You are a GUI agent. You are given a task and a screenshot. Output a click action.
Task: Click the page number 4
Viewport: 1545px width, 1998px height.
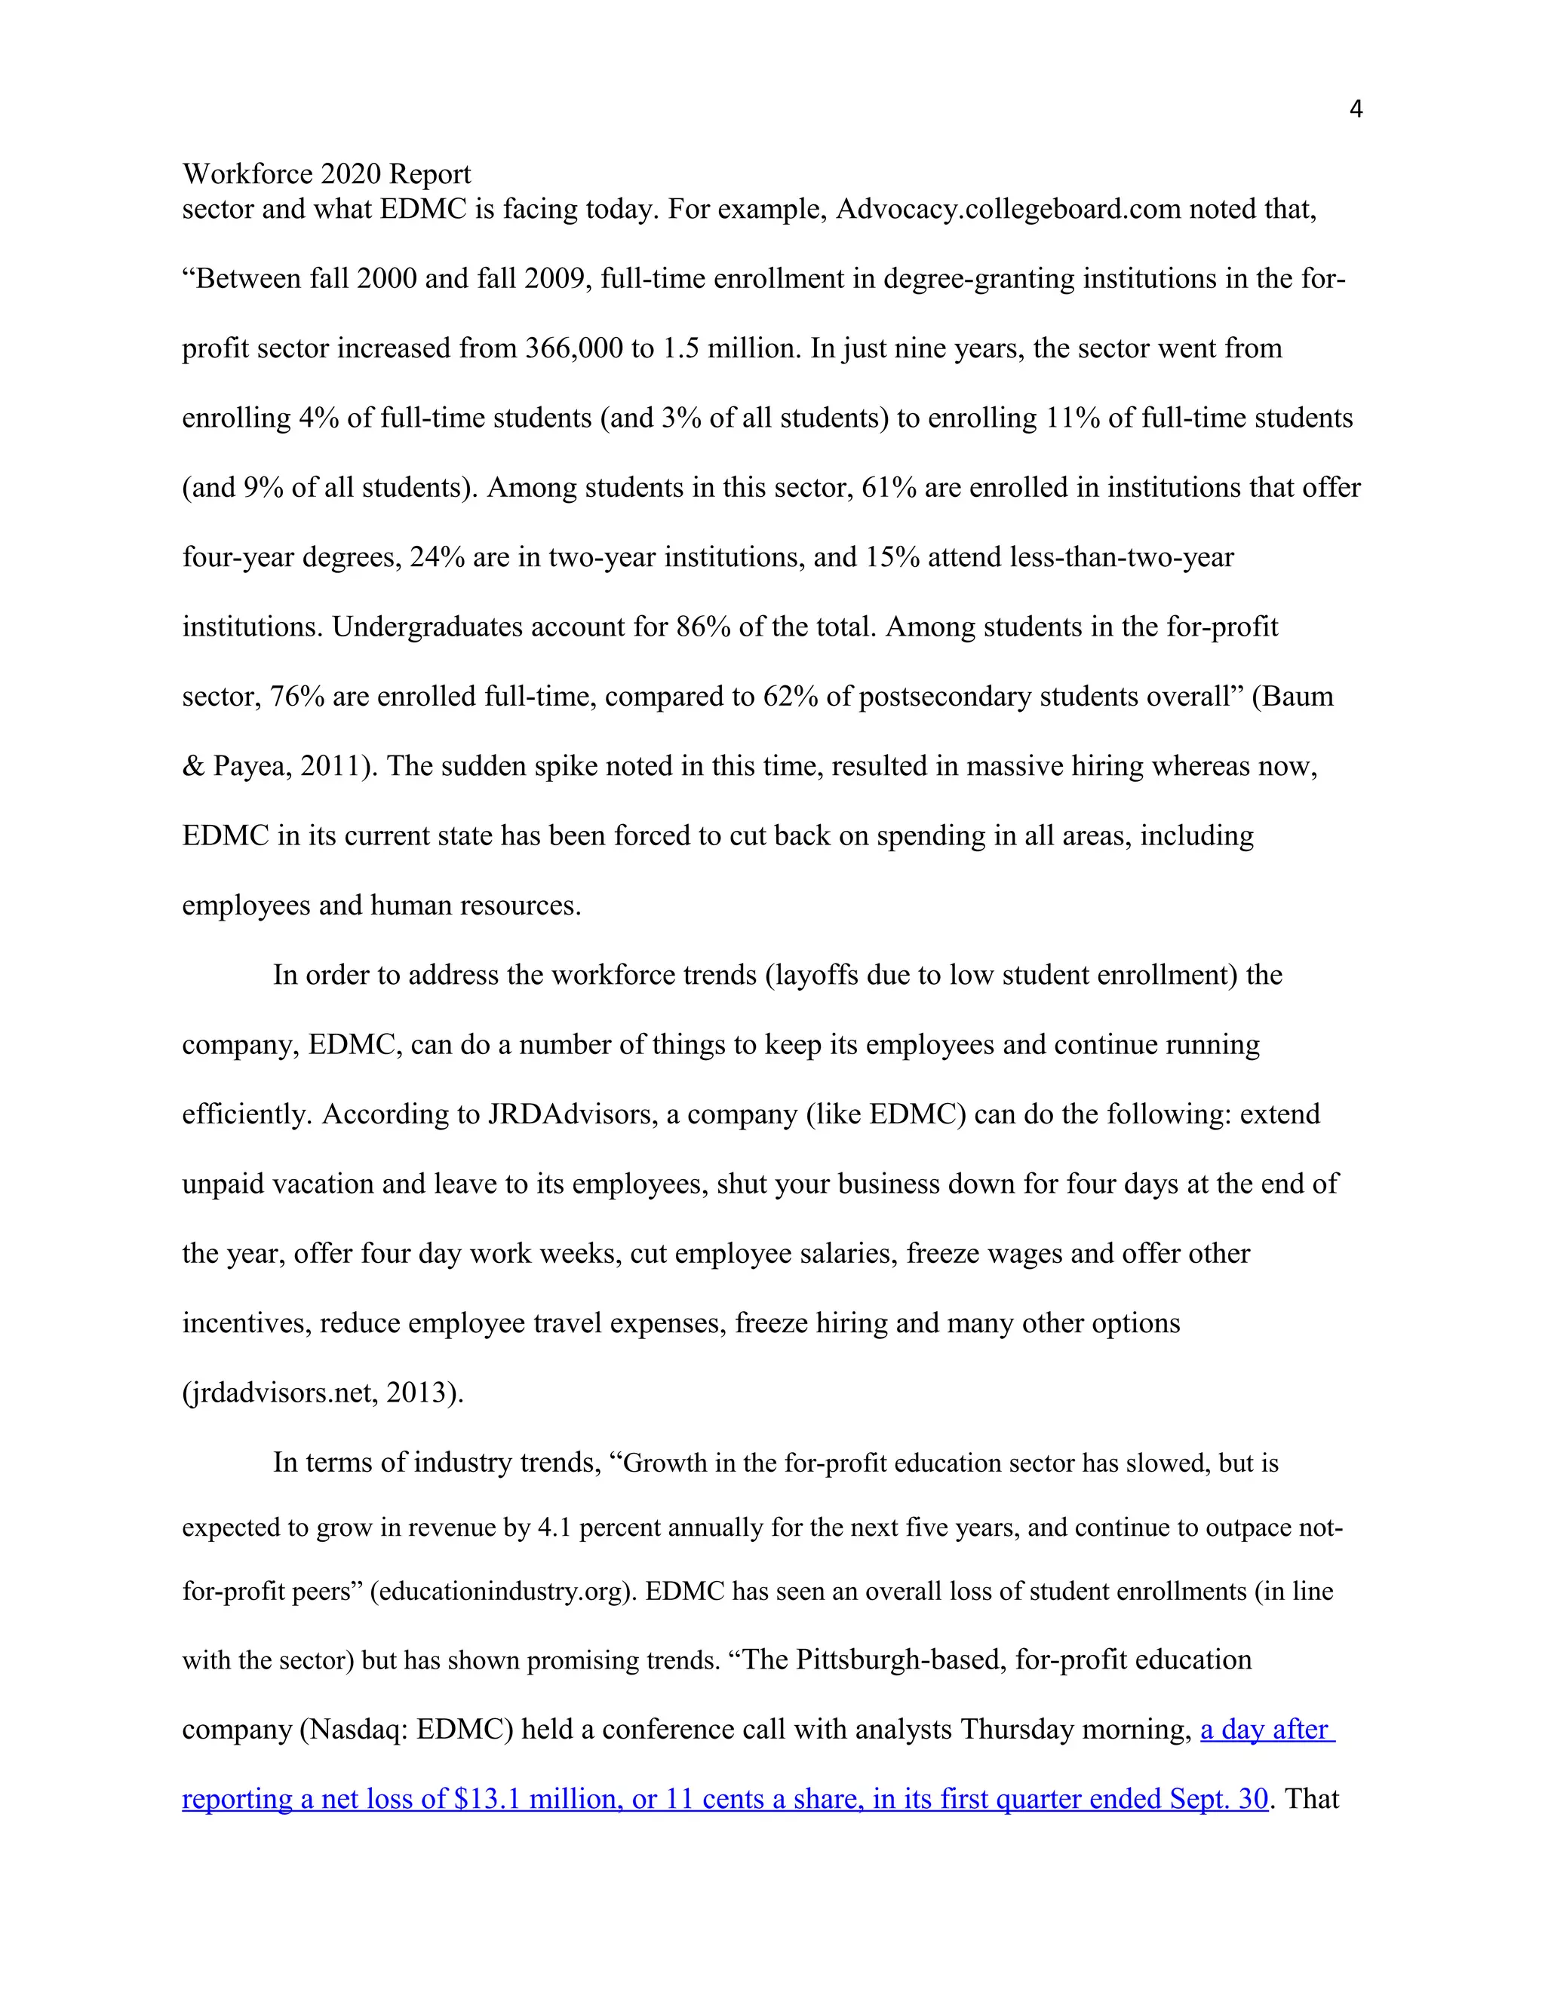tap(1356, 110)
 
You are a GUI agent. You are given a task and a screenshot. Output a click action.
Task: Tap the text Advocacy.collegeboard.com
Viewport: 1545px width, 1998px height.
tap(1008, 210)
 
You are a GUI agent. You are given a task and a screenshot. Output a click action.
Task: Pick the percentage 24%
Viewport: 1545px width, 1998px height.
tap(438, 557)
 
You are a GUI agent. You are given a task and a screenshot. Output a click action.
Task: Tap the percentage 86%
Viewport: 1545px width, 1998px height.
tap(703, 627)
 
